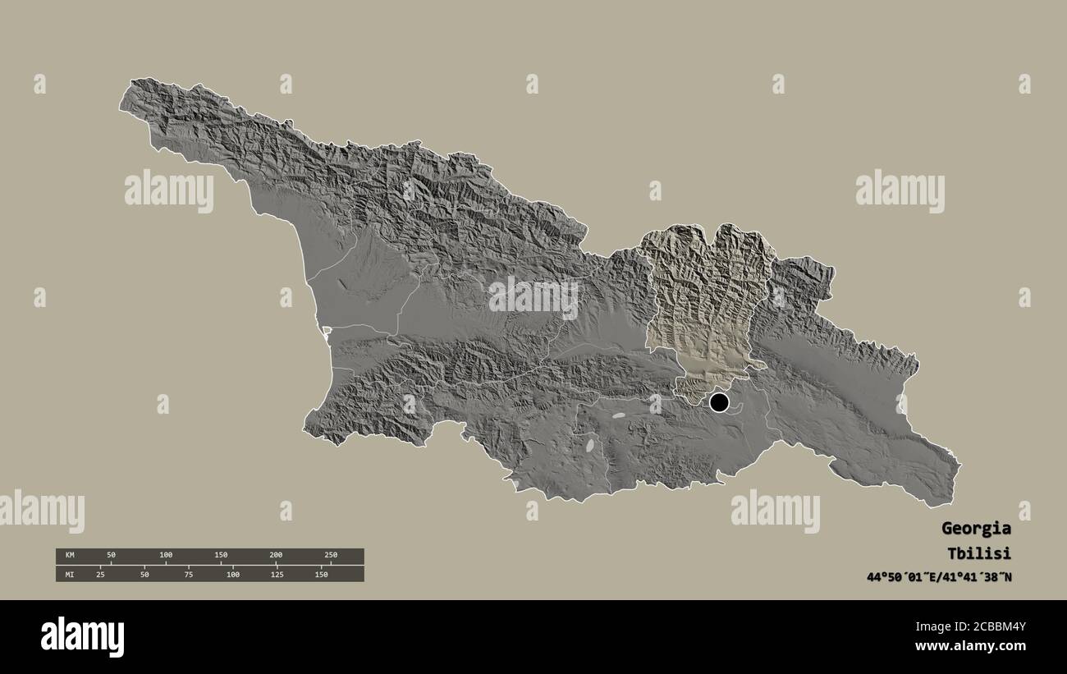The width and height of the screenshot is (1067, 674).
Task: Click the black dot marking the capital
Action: (719, 402)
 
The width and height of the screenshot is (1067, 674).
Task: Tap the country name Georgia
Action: (976, 528)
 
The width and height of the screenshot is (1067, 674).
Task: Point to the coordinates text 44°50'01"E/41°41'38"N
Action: (939, 577)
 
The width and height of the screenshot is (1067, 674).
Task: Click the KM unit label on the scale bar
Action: (70, 556)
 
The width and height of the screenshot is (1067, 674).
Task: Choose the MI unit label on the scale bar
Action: (70, 574)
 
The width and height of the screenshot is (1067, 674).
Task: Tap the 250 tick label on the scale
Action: (330, 556)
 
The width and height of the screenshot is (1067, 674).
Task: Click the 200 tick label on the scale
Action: (276, 556)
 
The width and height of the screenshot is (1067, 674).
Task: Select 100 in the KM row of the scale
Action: (166, 556)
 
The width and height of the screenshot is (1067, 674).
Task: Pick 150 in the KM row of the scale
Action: (221, 556)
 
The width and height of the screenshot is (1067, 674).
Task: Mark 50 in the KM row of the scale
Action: (111, 556)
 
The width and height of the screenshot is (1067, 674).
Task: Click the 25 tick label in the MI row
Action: (100, 574)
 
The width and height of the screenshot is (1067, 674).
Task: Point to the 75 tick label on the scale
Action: (189, 574)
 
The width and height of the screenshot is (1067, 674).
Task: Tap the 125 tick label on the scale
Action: (277, 574)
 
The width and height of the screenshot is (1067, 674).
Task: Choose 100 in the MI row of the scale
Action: (232, 574)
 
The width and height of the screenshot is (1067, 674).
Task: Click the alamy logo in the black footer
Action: (82, 637)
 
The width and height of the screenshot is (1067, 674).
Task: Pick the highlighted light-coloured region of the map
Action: (706, 304)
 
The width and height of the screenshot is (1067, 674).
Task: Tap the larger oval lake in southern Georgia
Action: (590, 446)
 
